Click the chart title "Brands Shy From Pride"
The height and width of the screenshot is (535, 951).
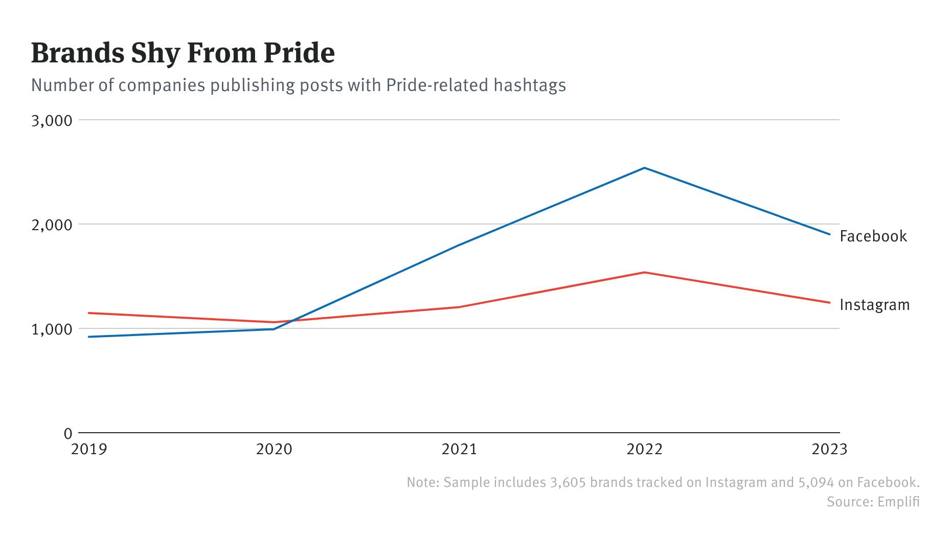click(183, 53)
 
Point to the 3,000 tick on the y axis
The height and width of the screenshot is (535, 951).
click(52, 121)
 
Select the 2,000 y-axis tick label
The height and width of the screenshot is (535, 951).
click(52, 225)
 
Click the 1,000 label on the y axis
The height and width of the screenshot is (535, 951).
click(52, 329)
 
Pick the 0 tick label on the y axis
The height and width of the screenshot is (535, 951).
click(68, 434)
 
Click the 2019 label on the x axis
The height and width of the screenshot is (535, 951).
click(89, 450)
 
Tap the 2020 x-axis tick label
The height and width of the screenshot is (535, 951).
click(274, 450)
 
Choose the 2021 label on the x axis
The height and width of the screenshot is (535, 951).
click(459, 450)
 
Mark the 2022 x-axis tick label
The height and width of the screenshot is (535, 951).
click(644, 450)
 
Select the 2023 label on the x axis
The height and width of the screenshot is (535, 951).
click(829, 450)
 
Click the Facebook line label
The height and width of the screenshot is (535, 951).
click(873, 236)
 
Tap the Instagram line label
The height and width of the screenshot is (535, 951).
click(874, 305)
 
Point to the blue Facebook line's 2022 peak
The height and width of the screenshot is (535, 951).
click(644, 168)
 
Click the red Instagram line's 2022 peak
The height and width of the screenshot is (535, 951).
click(644, 273)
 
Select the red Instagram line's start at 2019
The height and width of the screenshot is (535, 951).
click(89, 313)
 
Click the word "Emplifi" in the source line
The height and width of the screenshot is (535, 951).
click(898, 502)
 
